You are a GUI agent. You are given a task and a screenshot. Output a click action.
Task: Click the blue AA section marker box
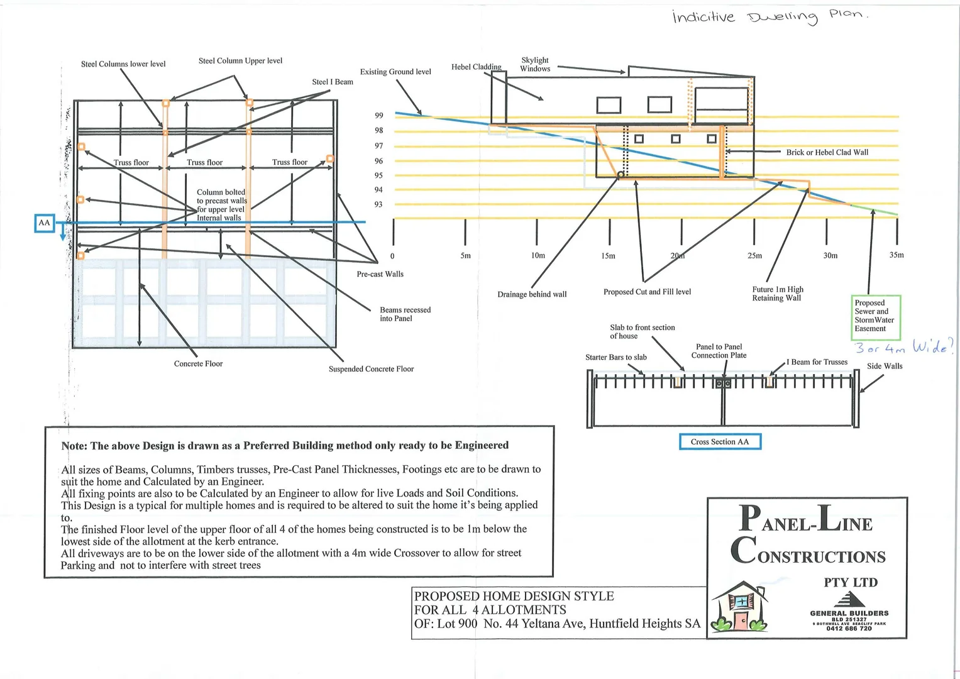coord(44,223)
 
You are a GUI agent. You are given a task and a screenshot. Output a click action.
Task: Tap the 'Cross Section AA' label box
coord(719,442)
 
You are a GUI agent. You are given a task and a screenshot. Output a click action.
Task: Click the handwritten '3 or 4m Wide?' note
coord(904,346)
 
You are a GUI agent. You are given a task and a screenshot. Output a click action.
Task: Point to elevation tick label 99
coord(378,116)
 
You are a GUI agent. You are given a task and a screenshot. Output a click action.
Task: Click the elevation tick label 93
coord(378,204)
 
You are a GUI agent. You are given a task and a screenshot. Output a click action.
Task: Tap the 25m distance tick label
coord(754,256)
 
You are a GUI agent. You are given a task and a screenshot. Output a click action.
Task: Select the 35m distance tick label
coord(896,255)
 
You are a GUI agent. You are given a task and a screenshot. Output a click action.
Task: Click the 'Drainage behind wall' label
coord(532,294)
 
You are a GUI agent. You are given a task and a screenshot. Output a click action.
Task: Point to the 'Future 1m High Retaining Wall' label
coord(778,294)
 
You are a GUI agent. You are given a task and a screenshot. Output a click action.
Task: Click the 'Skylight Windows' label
coord(535,65)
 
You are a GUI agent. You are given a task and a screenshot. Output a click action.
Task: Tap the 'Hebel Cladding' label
coord(476,67)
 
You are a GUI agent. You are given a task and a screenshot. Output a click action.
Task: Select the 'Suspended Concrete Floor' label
coord(371,369)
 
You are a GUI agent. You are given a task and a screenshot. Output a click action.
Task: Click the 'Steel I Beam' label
coord(333,82)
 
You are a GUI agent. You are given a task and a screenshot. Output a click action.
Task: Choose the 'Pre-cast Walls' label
coord(380,274)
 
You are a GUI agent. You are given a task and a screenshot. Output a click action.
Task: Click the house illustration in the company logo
coord(740,606)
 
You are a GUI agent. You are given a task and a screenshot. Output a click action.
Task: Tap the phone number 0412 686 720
coord(849,629)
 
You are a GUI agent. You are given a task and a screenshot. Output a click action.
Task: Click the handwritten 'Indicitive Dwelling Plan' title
coord(770,16)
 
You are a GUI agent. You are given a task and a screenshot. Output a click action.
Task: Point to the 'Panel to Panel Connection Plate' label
coord(719,351)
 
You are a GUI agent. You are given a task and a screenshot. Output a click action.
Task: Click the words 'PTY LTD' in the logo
coord(850,583)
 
